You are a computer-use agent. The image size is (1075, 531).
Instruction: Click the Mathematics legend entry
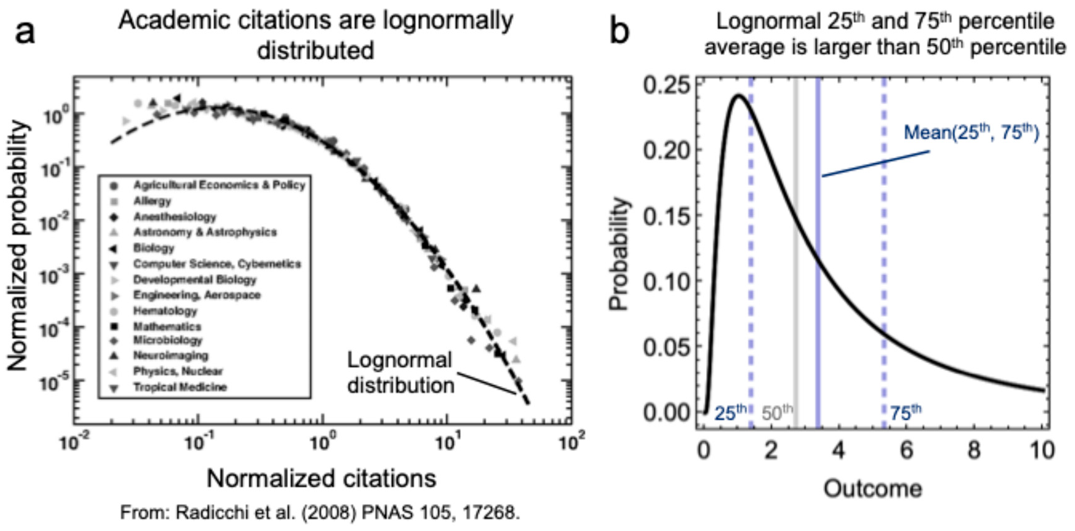pos(167,326)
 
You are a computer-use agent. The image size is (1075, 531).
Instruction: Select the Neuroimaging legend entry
pos(170,356)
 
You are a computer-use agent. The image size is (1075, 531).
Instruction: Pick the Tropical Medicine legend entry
pos(180,387)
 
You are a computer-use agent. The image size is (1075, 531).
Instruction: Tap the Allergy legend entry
pos(152,201)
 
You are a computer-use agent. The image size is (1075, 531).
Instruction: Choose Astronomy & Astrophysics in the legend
pos(205,232)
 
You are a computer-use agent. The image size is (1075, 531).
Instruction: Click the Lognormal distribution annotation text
pos(400,372)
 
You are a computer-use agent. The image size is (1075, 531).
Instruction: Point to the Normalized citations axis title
pos(321,478)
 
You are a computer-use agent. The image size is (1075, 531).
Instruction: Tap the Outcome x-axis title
pos(872,488)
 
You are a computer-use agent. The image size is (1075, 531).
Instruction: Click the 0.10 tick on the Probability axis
pos(666,281)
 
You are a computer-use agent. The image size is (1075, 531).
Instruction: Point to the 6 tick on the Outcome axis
pos(906,450)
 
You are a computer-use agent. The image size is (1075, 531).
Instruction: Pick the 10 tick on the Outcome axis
pos(1041,450)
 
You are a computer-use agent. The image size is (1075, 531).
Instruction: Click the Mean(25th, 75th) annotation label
pos(970,132)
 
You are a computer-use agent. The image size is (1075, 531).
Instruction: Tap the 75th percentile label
pos(905,412)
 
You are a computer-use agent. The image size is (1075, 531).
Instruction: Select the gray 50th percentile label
pos(777,412)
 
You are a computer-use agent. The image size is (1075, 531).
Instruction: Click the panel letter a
pos(25,31)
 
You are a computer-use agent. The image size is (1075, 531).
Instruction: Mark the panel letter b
pos(619,31)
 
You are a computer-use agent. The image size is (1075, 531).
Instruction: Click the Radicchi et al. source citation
pos(320,512)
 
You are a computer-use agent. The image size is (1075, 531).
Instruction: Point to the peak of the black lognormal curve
pos(738,96)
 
